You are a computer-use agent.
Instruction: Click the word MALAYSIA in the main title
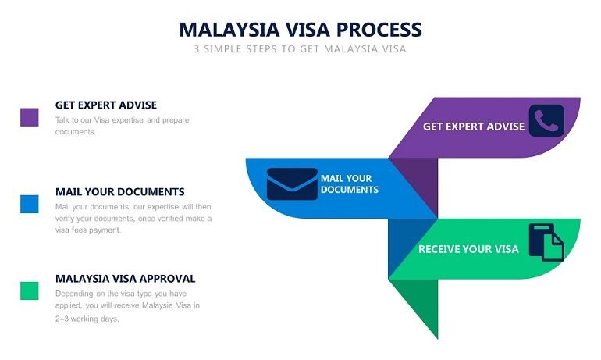[x=229, y=30]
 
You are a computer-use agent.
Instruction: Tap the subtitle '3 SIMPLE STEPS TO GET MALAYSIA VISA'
[x=300, y=49]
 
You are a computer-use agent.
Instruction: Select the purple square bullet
[x=30, y=117]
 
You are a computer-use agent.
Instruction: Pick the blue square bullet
[x=30, y=204]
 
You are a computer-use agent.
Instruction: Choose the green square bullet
[x=30, y=290]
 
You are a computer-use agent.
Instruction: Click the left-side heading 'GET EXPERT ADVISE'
[x=106, y=105]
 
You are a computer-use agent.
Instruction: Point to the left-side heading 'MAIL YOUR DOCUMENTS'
[x=120, y=191]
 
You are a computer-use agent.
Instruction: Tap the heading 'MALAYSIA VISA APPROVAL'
[x=126, y=279]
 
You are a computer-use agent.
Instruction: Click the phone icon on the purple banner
[x=546, y=120]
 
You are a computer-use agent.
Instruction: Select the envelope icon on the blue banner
[x=292, y=184]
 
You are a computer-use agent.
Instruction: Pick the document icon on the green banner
[x=546, y=242]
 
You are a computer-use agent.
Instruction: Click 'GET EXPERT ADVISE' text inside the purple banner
[x=474, y=127]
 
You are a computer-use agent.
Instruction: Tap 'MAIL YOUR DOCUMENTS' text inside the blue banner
[x=350, y=184]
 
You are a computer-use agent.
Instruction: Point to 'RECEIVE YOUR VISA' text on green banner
[x=468, y=249]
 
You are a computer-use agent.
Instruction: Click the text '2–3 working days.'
[x=87, y=319]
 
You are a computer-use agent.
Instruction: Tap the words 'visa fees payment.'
[x=88, y=230]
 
